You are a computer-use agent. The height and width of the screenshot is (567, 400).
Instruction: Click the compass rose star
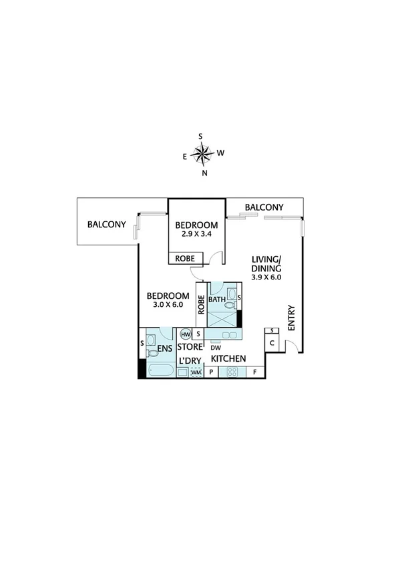[202, 154]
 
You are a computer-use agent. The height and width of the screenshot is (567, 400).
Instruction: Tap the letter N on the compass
[204, 173]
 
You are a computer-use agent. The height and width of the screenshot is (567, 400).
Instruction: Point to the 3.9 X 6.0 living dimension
[266, 277]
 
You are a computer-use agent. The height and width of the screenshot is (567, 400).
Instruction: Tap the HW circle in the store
[186, 334]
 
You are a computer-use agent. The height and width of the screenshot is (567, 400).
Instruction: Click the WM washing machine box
[196, 372]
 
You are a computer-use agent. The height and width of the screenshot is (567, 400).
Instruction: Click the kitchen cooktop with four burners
[231, 372]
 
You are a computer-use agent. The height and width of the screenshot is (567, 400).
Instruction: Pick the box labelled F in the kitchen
[255, 372]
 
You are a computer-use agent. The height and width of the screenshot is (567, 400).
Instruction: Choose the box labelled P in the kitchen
[211, 372]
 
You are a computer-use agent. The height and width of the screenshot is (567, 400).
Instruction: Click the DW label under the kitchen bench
[216, 348]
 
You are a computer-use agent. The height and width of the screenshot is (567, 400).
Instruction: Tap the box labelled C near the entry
[272, 343]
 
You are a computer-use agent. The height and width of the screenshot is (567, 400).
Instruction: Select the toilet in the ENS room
[153, 351]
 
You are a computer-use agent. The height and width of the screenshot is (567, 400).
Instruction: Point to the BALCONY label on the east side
[107, 225]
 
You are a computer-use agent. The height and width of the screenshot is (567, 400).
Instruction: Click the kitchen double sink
[230, 334]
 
